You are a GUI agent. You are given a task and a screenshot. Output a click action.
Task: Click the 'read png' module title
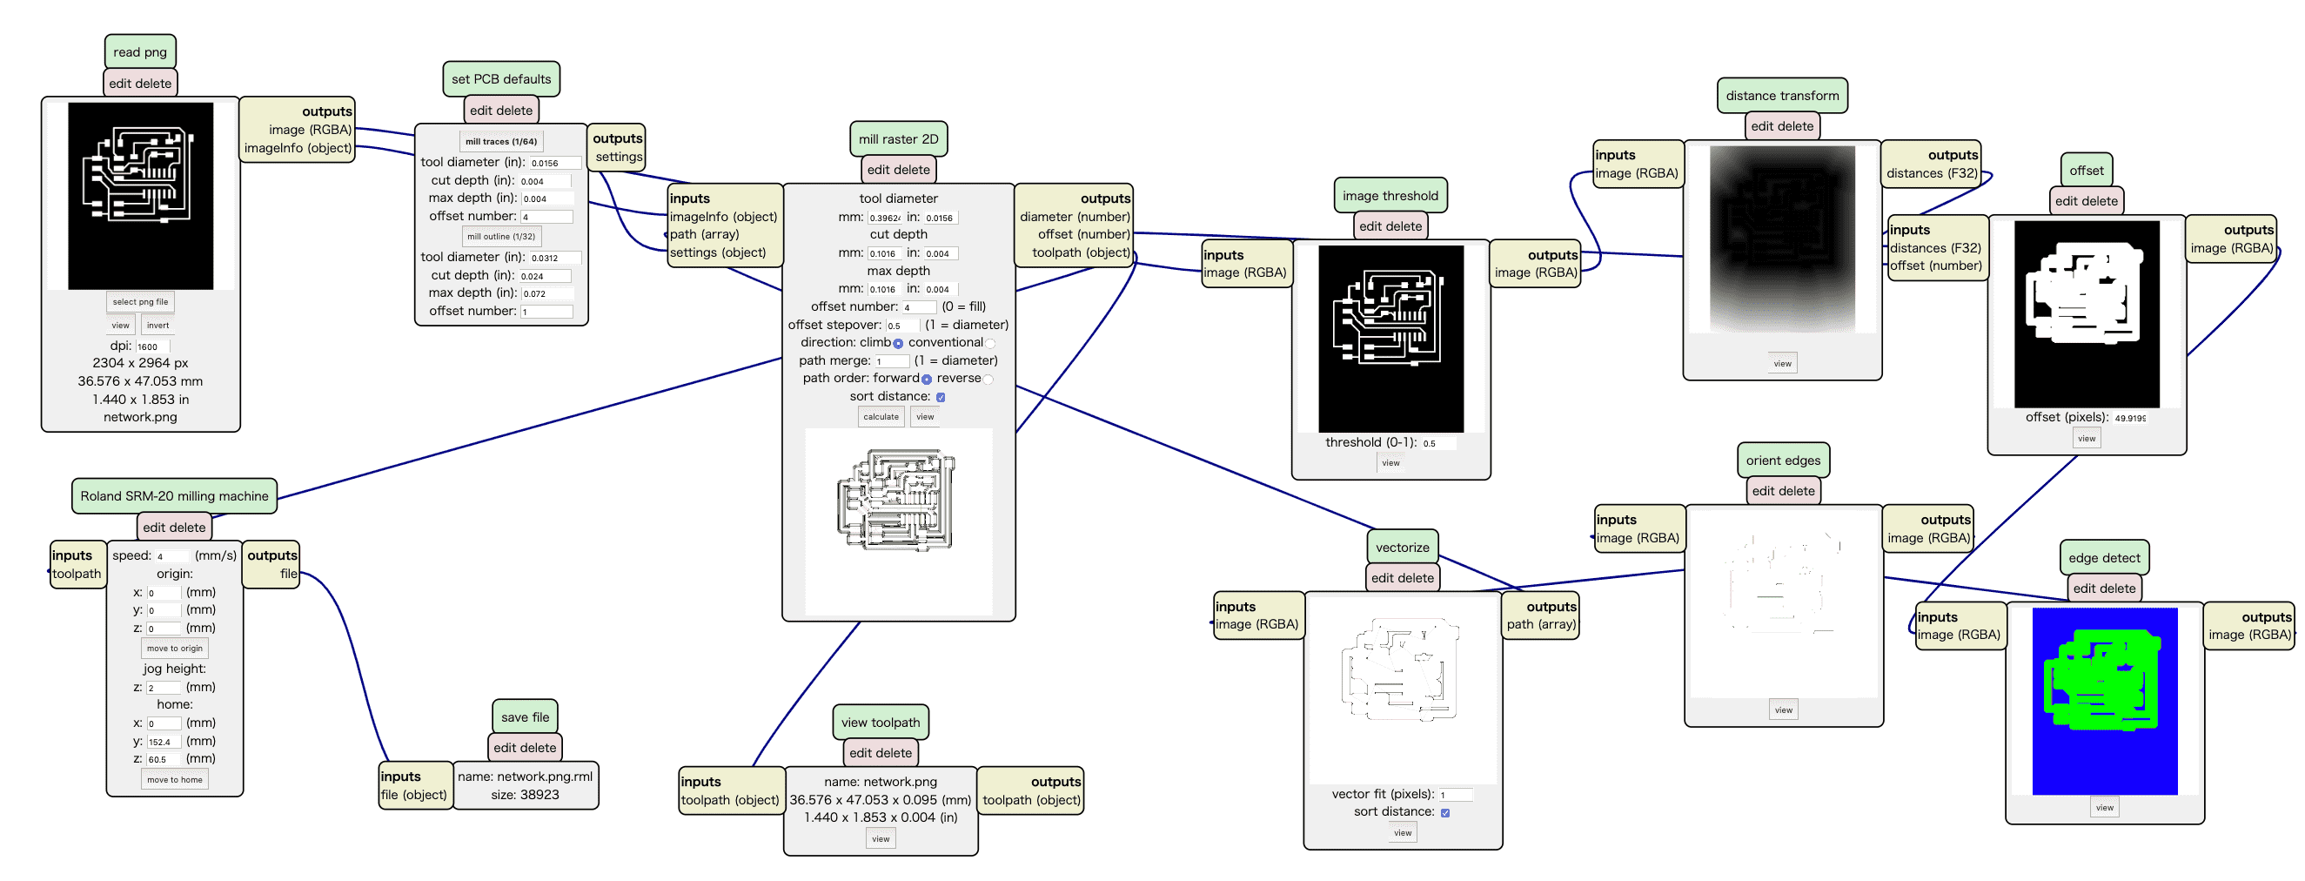click(x=139, y=52)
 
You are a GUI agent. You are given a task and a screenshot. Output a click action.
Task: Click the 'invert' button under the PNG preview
click(x=157, y=326)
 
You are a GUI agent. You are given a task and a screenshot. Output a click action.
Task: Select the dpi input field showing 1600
click(x=151, y=346)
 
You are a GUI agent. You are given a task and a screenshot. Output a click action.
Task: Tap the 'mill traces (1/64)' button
click(x=500, y=141)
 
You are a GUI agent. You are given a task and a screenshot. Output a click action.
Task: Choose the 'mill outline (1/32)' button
click(x=500, y=238)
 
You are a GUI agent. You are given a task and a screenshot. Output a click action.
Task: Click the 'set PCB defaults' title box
click(x=500, y=79)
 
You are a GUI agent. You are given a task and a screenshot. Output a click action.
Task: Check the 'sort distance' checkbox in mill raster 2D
click(x=941, y=398)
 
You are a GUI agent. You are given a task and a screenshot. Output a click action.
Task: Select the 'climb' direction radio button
click(x=897, y=344)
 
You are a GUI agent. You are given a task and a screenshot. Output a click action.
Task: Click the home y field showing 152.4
click(x=163, y=743)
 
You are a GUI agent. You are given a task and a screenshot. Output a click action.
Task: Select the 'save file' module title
click(x=525, y=717)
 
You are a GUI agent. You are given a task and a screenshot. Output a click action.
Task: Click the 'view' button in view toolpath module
click(x=881, y=840)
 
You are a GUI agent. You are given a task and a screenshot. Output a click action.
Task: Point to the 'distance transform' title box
click(x=1781, y=96)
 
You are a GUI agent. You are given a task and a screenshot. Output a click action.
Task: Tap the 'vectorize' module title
click(x=1401, y=548)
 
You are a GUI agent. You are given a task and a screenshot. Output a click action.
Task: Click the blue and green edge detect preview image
click(x=2104, y=701)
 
